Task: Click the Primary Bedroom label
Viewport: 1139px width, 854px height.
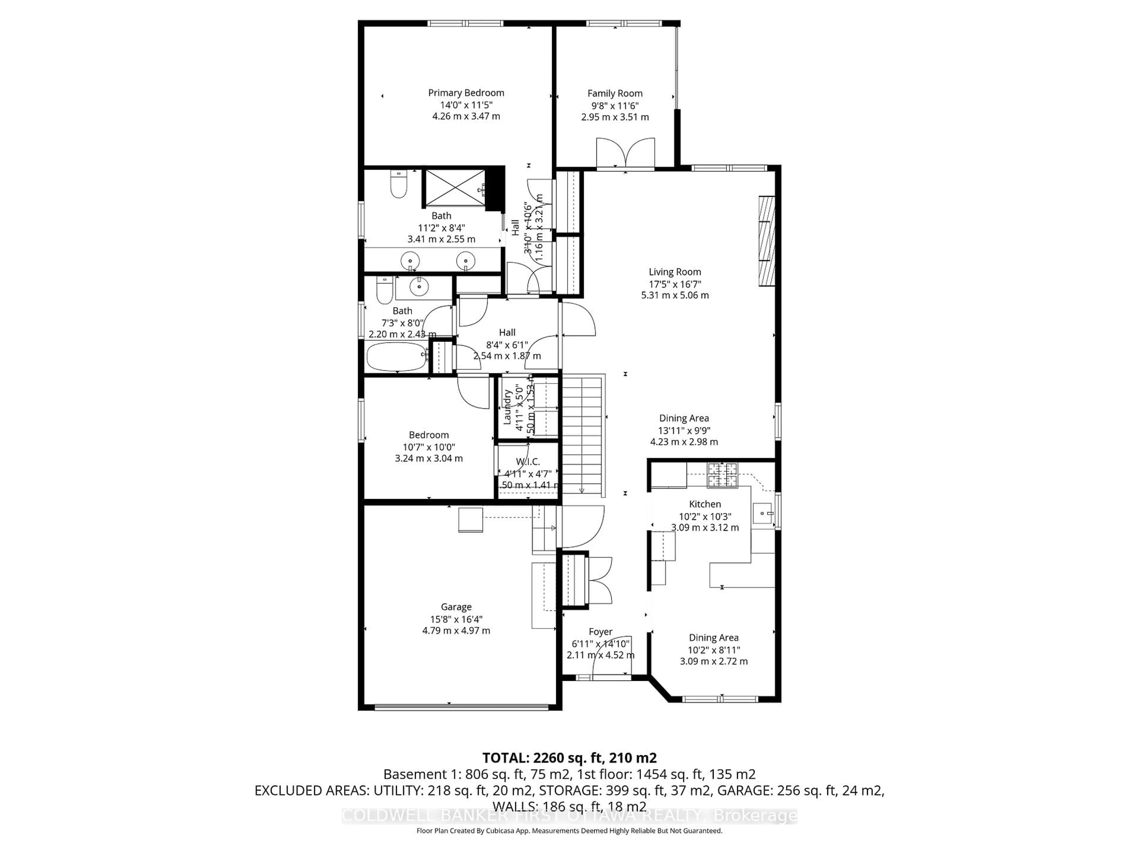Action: click(x=466, y=93)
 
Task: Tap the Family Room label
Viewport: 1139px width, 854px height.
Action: click(x=615, y=93)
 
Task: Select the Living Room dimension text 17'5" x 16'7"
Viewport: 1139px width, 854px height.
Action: click(x=675, y=284)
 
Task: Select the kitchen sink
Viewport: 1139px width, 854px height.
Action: click(x=763, y=513)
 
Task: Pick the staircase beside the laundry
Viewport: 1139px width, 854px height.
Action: click(x=582, y=435)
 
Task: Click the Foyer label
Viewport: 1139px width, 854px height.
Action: click(x=600, y=632)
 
